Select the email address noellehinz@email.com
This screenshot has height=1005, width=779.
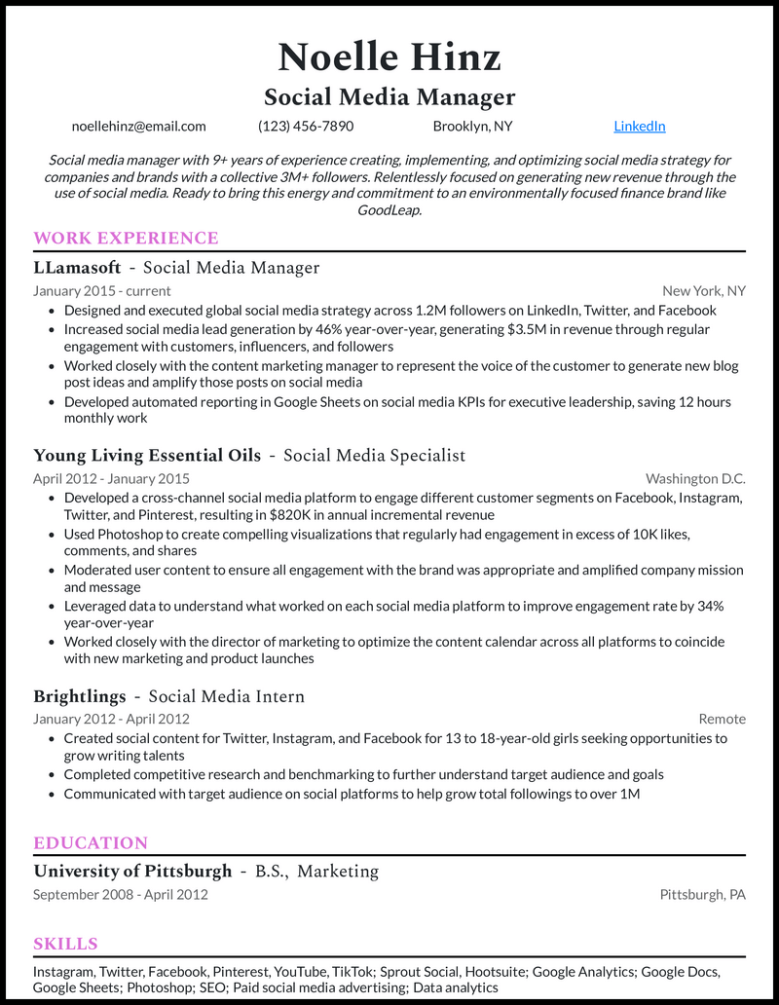138,126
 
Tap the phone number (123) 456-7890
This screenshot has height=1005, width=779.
306,126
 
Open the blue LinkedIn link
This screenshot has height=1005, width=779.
639,126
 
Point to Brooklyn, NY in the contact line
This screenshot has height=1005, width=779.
472,126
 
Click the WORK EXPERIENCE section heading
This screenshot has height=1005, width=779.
126,238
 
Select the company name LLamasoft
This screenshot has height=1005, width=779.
77,267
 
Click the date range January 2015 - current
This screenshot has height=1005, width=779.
101,290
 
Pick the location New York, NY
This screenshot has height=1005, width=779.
703,290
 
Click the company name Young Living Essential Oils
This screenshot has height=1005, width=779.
147,455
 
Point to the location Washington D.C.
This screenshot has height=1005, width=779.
695,478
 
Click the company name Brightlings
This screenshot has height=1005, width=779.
80,696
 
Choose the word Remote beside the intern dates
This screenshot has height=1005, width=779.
722,719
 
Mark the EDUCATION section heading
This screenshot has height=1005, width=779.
91,842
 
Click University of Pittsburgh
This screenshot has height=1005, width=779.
132,871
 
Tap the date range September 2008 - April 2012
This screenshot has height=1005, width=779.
120,894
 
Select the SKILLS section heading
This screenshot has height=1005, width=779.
65,944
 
